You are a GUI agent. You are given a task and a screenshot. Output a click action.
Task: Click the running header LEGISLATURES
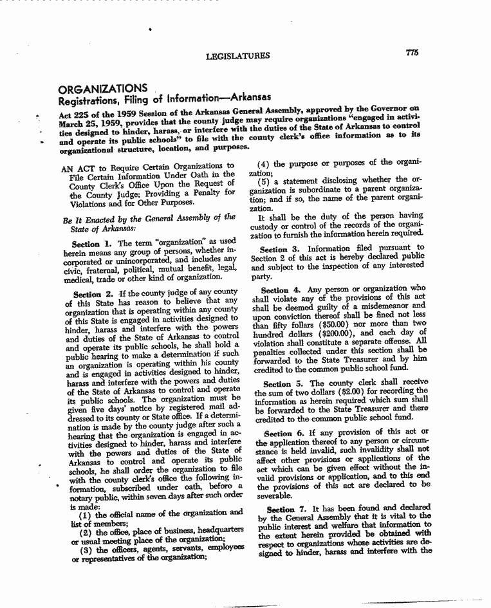coord(237,57)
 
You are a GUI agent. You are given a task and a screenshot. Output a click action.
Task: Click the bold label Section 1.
coord(86,244)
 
